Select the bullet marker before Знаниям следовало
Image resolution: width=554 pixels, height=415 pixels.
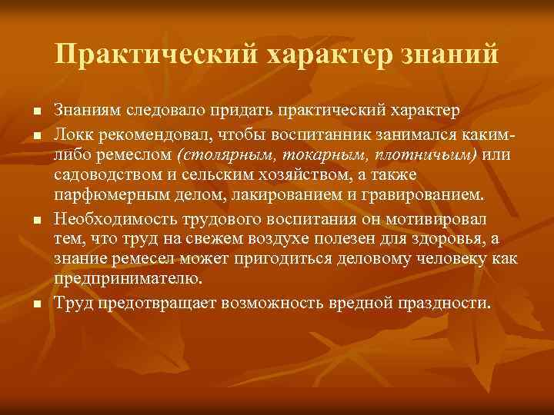pos(37,111)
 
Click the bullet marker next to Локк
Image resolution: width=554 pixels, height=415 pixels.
pos(37,136)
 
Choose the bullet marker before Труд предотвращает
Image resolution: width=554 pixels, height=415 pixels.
pos(37,304)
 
